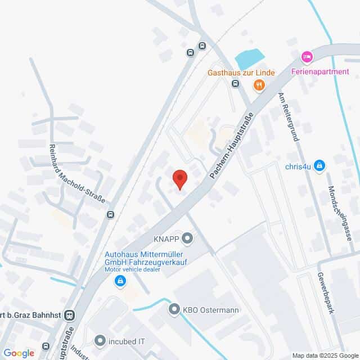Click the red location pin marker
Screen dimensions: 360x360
click(179, 179)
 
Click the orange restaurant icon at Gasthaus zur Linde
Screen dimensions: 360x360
click(259, 85)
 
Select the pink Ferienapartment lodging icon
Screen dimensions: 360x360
click(307, 56)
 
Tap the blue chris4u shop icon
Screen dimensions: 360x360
click(319, 165)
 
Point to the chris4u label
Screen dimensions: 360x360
click(298, 165)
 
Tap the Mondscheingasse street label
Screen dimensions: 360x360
click(340, 214)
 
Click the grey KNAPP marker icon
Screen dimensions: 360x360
click(188, 238)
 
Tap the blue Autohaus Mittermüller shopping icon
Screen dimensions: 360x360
click(119, 281)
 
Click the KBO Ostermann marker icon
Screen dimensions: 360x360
click(173, 309)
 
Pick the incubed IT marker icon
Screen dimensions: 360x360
click(100, 340)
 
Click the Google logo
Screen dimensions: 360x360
click(19, 353)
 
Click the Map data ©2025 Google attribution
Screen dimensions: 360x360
click(325, 355)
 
